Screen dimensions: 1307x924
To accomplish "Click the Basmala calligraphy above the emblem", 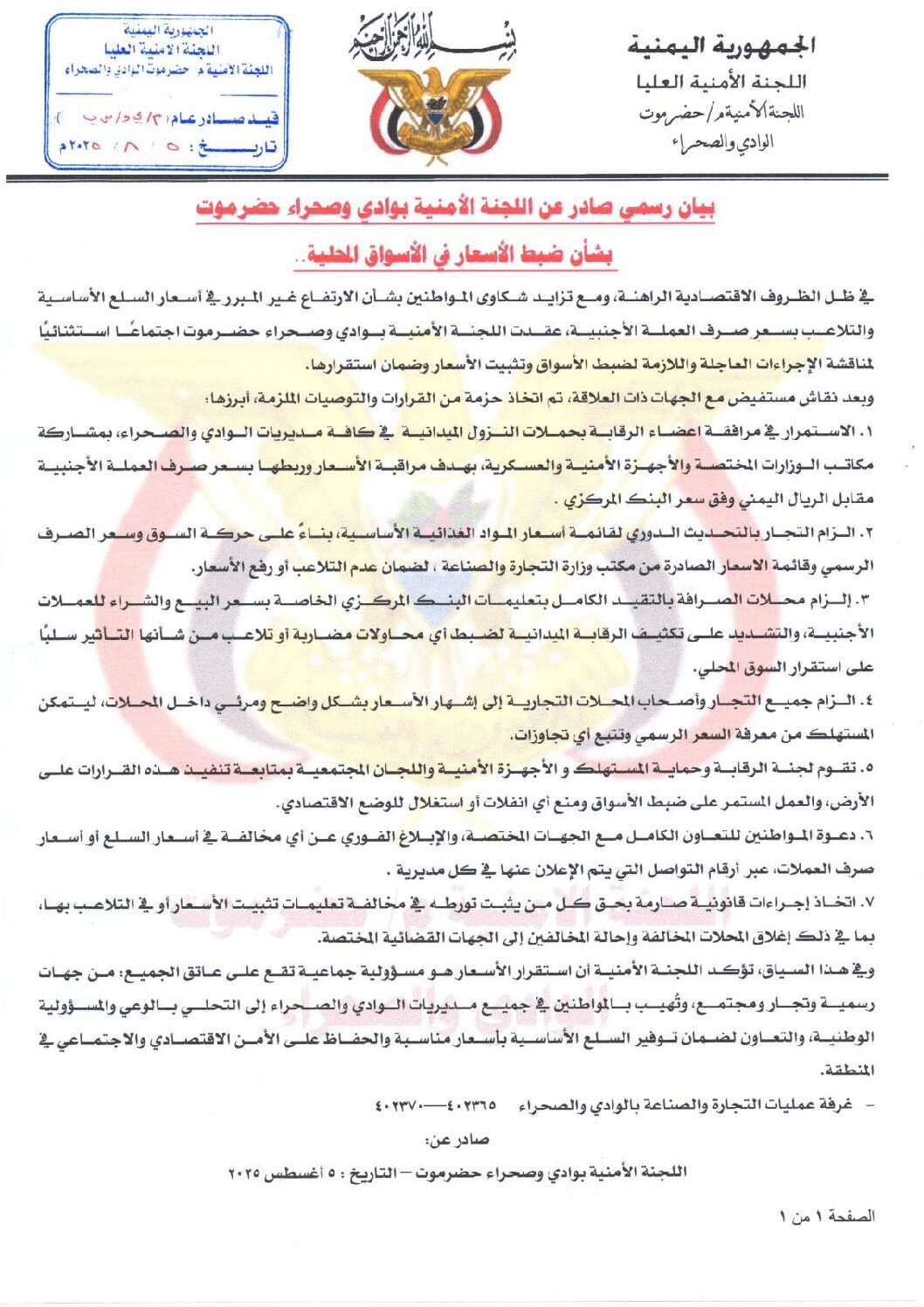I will (434, 42).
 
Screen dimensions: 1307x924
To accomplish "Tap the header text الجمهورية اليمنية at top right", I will (721, 46).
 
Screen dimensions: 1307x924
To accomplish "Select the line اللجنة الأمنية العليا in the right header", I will (721, 83).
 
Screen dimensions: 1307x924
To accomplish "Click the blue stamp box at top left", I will (167, 92).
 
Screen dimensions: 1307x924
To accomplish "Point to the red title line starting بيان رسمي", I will (455, 210).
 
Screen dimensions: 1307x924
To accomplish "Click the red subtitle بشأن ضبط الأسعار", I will (455, 255).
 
